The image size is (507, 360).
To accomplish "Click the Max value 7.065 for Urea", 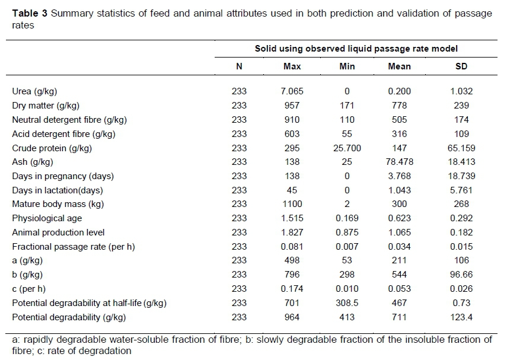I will [x=292, y=91].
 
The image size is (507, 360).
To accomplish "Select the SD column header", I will [x=461, y=66].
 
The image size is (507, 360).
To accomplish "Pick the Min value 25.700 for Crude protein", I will [x=347, y=148].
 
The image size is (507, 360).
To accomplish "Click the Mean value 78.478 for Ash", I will [x=399, y=162].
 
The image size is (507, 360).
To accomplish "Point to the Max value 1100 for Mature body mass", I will [x=292, y=205].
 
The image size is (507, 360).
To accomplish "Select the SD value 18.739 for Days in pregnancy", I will [x=461, y=176].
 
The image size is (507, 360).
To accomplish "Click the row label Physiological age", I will [x=47, y=219].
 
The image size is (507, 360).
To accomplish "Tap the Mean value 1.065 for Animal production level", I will [x=399, y=233].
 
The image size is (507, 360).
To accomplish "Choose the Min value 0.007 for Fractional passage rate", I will [x=347, y=247].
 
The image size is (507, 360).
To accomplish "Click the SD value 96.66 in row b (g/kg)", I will [x=461, y=275].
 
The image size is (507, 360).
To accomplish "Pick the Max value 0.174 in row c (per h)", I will [x=292, y=289].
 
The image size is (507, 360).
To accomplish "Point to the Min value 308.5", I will [x=347, y=304].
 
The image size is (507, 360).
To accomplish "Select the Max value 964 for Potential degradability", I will [x=292, y=318].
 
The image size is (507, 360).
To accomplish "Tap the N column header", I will [x=239, y=66].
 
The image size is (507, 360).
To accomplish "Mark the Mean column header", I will [x=399, y=66].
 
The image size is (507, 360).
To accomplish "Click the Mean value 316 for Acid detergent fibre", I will [x=399, y=134].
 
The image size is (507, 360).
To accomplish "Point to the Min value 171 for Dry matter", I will [x=347, y=106].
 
